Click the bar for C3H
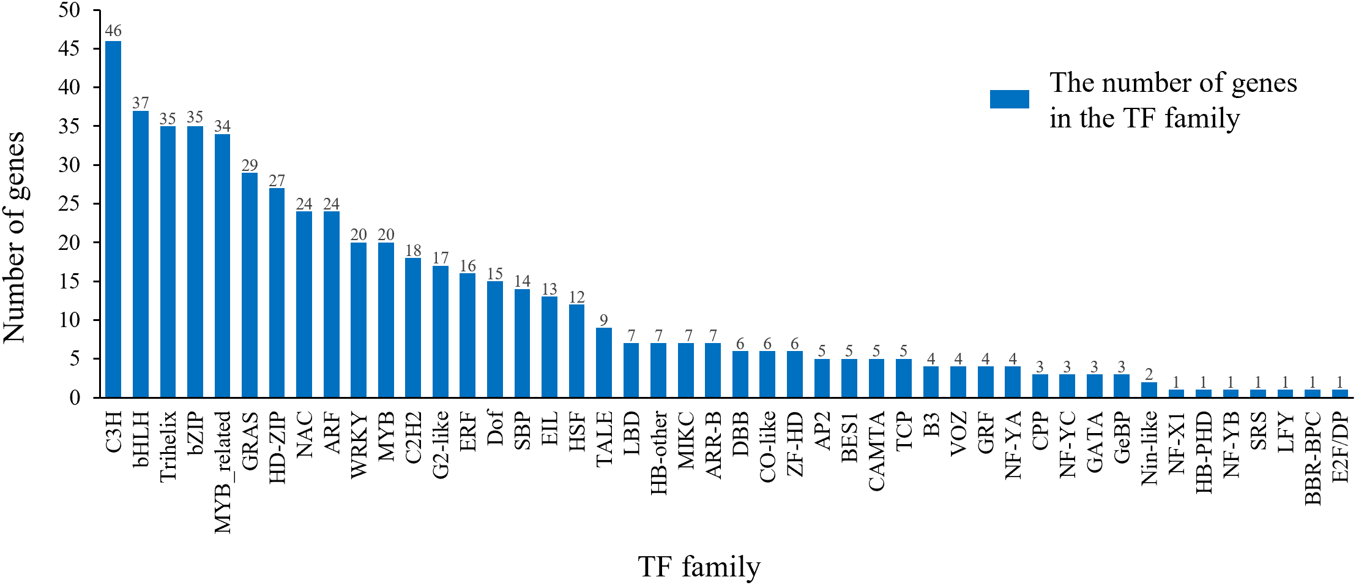[x=113, y=219]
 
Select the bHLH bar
[x=141, y=254]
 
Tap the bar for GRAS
[x=250, y=285]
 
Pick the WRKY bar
[x=359, y=320]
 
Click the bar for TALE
[x=604, y=363]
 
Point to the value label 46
[x=113, y=31]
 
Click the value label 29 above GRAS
[x=250, y=165]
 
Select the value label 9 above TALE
[x=604, y=320]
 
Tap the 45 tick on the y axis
[x=69, y=48]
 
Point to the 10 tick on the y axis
[x=69, y=320]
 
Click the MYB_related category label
[x=223, y=472]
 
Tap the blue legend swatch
[x=1009, y=99]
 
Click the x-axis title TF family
[x=699, y=567]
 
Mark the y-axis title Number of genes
[x=15, y=237]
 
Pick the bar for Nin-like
[x=1149, y=390]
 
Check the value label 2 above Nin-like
[x=1149, y=374]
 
